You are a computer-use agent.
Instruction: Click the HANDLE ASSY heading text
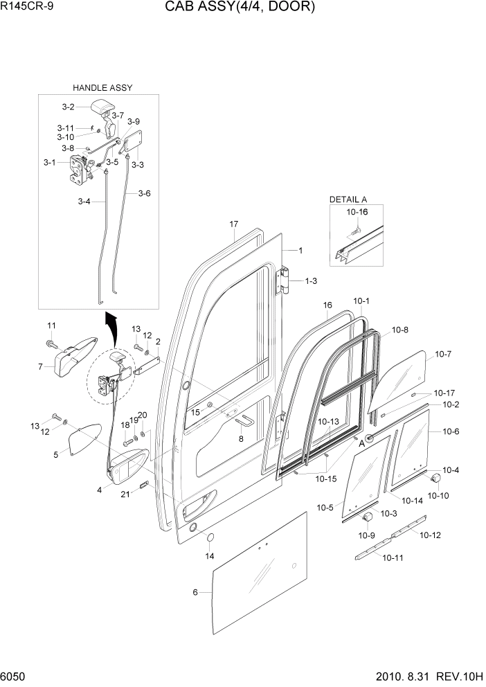tap(102, 88)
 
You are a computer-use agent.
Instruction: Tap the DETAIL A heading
tap(348, 199)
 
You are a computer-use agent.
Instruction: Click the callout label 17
tap(233, 224)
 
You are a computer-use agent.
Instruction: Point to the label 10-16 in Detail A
tap(357, 213)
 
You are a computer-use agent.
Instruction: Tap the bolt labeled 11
tap(52, 343)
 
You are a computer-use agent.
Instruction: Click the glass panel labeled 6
tap(260, 568)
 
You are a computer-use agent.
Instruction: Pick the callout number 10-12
tap(430, 535)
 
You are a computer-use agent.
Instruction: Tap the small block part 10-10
tap(437, 479)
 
